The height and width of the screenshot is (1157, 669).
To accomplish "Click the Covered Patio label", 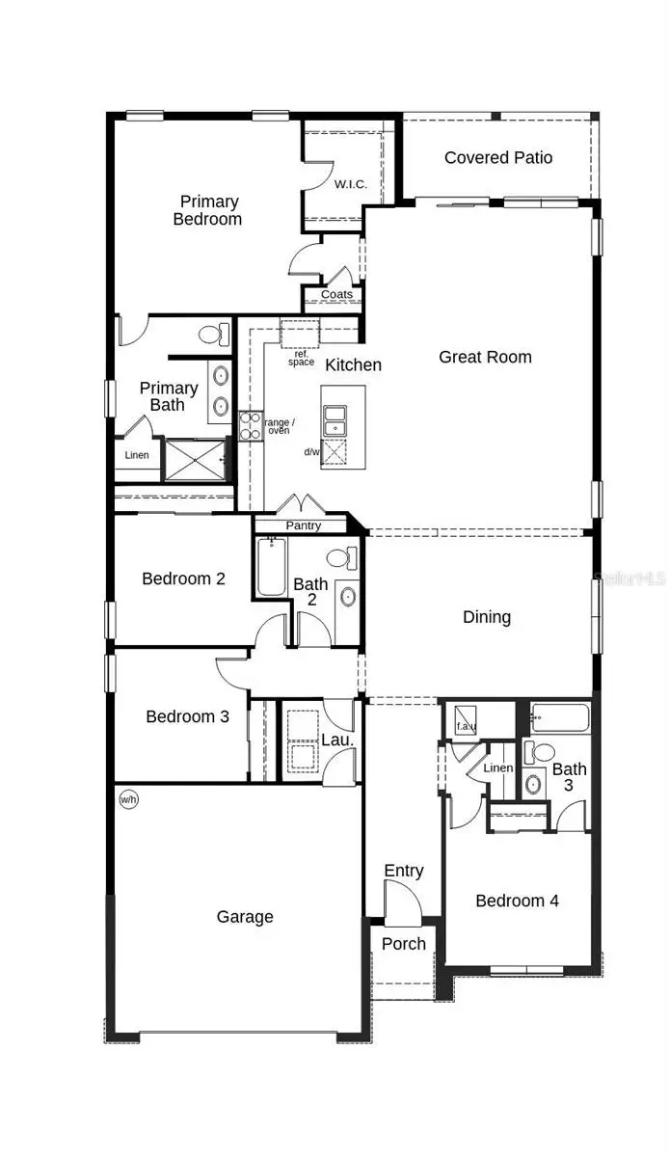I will click(x=498, y=157).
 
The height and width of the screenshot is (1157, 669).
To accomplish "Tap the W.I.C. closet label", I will click(x=347, y=184).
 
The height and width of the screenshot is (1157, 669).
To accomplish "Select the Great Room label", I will click(x=485, y=357).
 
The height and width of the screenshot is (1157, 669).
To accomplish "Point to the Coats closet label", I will click(x=336, y=295).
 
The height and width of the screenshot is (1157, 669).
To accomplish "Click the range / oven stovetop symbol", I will click(x=250, y=425).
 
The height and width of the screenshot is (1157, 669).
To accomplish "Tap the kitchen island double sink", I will click(x=335, y=419).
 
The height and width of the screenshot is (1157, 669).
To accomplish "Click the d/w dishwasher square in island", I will click(x=334, y=451).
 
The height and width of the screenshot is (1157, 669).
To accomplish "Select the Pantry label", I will click(x=304, y=526).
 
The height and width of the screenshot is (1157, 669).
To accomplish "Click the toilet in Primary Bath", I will click(x=212, y=336).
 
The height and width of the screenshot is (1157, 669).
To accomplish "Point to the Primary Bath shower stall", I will click(x=197, y=459).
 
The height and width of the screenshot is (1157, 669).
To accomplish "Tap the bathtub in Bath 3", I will click(x=559, y=717).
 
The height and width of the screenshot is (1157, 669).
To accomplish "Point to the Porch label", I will click(x=404, y=944).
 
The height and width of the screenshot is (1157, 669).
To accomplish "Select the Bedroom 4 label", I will click(x=517, y=901).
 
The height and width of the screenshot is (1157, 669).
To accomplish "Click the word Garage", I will click(x=245, y=917).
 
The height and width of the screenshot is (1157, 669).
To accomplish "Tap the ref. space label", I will click(x=302, y=358).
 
